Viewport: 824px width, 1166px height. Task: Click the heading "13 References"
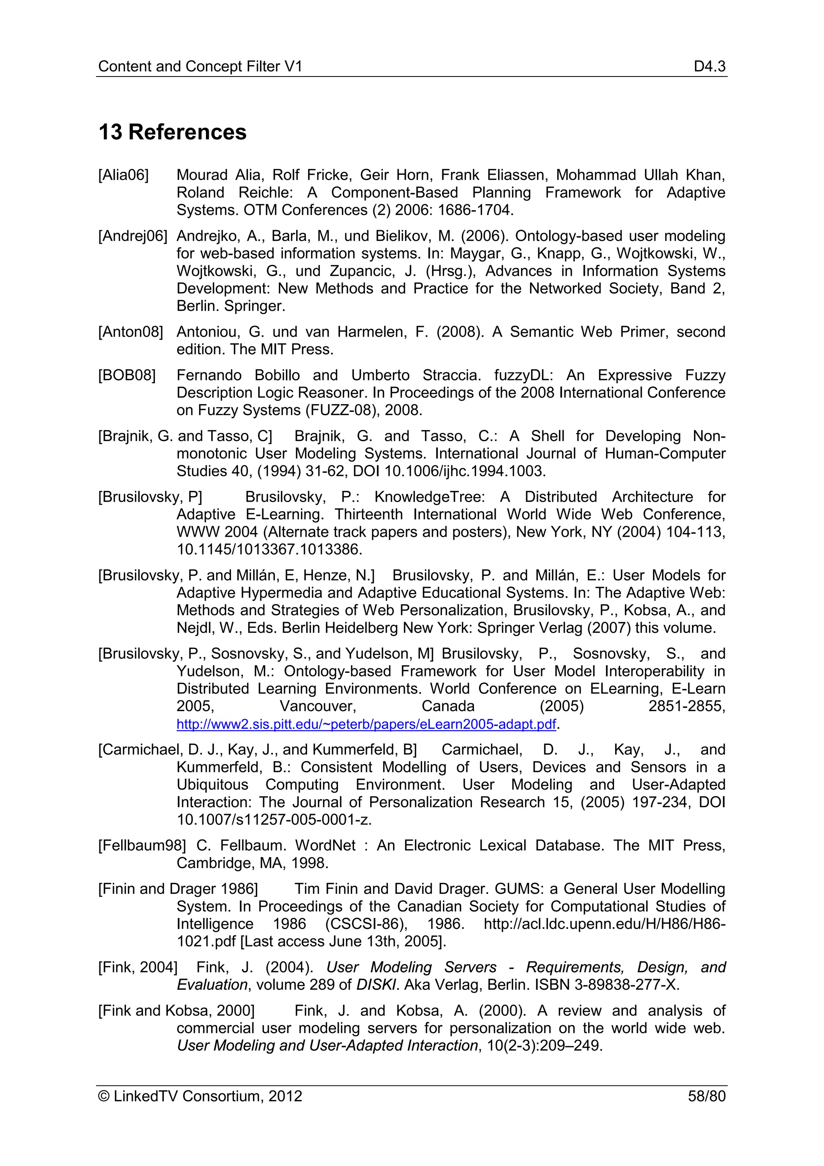173,132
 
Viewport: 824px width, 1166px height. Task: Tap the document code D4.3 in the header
709,66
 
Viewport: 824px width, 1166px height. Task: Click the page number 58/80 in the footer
706,1096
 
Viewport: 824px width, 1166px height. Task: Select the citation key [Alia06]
123,175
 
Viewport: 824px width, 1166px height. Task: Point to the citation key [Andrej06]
132,236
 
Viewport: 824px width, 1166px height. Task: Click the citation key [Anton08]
130,332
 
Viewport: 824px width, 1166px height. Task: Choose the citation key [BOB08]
127,375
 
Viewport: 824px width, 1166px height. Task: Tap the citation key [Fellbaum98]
142,846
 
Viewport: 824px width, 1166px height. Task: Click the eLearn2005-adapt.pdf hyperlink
367,724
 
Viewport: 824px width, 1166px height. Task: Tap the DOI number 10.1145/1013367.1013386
269,550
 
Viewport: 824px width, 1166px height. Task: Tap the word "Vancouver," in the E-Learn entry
318,707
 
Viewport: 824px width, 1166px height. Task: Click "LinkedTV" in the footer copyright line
146,1096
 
